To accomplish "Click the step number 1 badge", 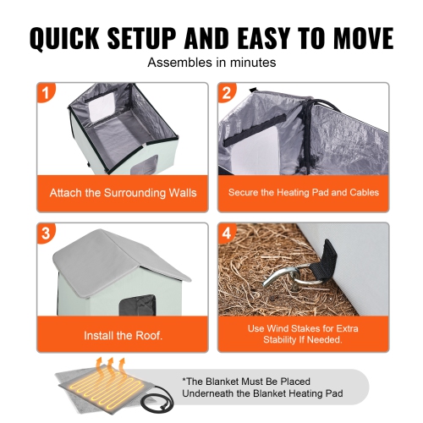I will pyautogui.click(x=46, y=91).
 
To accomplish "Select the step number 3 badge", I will pyautogui.click(x=46, y=233).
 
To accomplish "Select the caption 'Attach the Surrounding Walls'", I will pyautogui.click(x=123, y=193).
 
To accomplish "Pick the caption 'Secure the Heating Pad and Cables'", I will pyautogui.click(x=303, y=193).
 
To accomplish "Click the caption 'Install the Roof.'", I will pyautogui.click(x=123, y=335).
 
